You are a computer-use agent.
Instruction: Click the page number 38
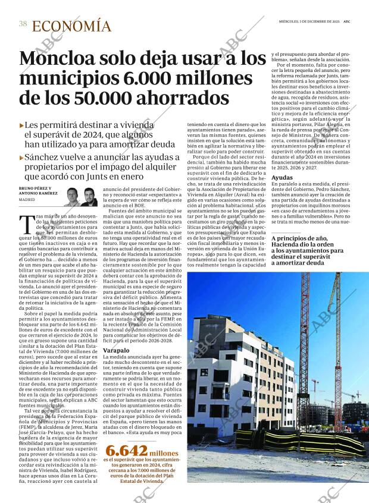point(23,24)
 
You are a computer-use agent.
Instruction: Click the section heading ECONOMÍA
point(71,26)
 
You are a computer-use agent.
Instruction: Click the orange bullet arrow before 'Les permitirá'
point(22,125)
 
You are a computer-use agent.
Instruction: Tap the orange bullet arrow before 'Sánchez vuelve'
point(22,158)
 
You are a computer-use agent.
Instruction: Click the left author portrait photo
point(72,197)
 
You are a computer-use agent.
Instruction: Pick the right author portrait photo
point(89,197)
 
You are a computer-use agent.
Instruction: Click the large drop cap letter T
point(26,224)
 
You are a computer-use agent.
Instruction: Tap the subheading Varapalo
point(116,351)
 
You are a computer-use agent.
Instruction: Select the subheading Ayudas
point(282,178)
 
